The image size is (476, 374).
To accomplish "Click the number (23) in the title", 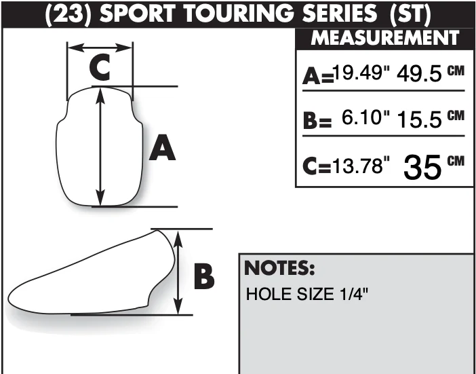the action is pyautogui.click(x=68, y=14).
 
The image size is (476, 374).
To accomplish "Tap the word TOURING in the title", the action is pyautogui.click(x=238, y=14).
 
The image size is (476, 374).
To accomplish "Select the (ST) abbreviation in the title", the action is pyautogui.click(x=410, y=14).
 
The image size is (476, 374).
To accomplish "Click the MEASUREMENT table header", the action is pyautogui.click(x=385, y=38).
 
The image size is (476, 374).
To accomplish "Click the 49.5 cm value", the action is pyautogui.click(x=431, y=74).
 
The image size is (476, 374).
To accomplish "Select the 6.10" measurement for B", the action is pyautogui.click(x=365, y=117).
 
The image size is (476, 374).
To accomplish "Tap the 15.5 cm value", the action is pyautogui.click(x=431, y=119).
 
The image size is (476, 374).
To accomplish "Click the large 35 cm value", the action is pyautogui.click(x=433, y=167).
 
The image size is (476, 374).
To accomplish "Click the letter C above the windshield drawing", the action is pyautogui.click(x=100, y=67).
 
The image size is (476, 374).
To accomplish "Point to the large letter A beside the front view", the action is pyautogui.click(x=162, y=148).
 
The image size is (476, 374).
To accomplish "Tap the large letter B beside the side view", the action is pyautogui.click(x=204, y=276).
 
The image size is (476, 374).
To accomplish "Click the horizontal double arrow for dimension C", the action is pyautogui.click(x=100, y=48).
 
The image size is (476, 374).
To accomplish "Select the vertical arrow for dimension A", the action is pyautogui.click(x=100, y=147).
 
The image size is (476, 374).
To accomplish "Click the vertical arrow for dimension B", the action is pyautogui.click(x=178, y=272).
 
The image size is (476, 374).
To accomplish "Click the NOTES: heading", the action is pyautogui.click(x=279, y=268).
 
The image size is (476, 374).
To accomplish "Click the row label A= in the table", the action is pyautogui.click(x=318, y=77).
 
